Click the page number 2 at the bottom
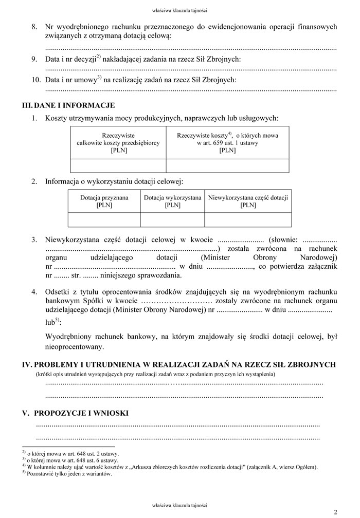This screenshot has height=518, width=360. pos(335,512)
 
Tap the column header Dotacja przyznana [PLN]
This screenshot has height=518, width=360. pos(104,201)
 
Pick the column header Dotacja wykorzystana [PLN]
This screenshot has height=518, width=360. pos(172,201)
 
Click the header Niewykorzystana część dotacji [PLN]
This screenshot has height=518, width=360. pos(248,201)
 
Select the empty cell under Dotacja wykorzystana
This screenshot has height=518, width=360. pos(172,219)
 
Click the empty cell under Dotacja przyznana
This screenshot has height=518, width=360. pos(104,219)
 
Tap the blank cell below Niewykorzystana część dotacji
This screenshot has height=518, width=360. pos(248,219)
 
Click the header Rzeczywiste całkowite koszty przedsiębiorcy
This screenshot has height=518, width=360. pos(118,142)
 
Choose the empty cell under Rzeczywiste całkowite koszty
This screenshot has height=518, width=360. pos(118,165)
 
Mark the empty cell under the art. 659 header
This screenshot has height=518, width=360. pos(227,165)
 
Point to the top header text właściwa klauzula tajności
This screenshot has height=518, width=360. pos(180,10)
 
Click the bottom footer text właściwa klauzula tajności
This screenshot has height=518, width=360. pos(180,505)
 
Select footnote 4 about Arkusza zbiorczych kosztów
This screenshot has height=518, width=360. pos(170,467)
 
